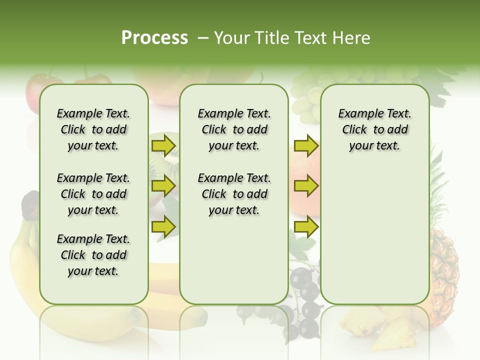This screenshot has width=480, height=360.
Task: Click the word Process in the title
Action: coord(154,38)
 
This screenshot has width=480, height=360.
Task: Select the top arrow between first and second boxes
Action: coord(163,146)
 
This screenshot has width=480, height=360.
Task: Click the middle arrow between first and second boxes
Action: coord(163,186)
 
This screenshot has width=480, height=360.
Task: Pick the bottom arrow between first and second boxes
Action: coord(163,226)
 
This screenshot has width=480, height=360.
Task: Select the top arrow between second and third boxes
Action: coord(306,146)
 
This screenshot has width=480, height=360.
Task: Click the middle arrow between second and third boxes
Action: coord(306,186)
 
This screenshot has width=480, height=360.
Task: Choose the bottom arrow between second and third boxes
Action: coord(306,226)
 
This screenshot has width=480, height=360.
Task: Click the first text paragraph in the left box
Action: coord(93,130)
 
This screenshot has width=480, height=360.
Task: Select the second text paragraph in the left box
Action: coord(93,194)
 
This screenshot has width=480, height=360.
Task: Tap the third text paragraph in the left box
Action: coord(93,255)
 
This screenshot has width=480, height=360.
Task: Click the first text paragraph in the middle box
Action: coord(234,130)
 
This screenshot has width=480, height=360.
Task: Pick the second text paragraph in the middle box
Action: coord(234,194)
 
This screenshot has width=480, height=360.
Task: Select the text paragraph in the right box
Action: coord(374,130)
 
